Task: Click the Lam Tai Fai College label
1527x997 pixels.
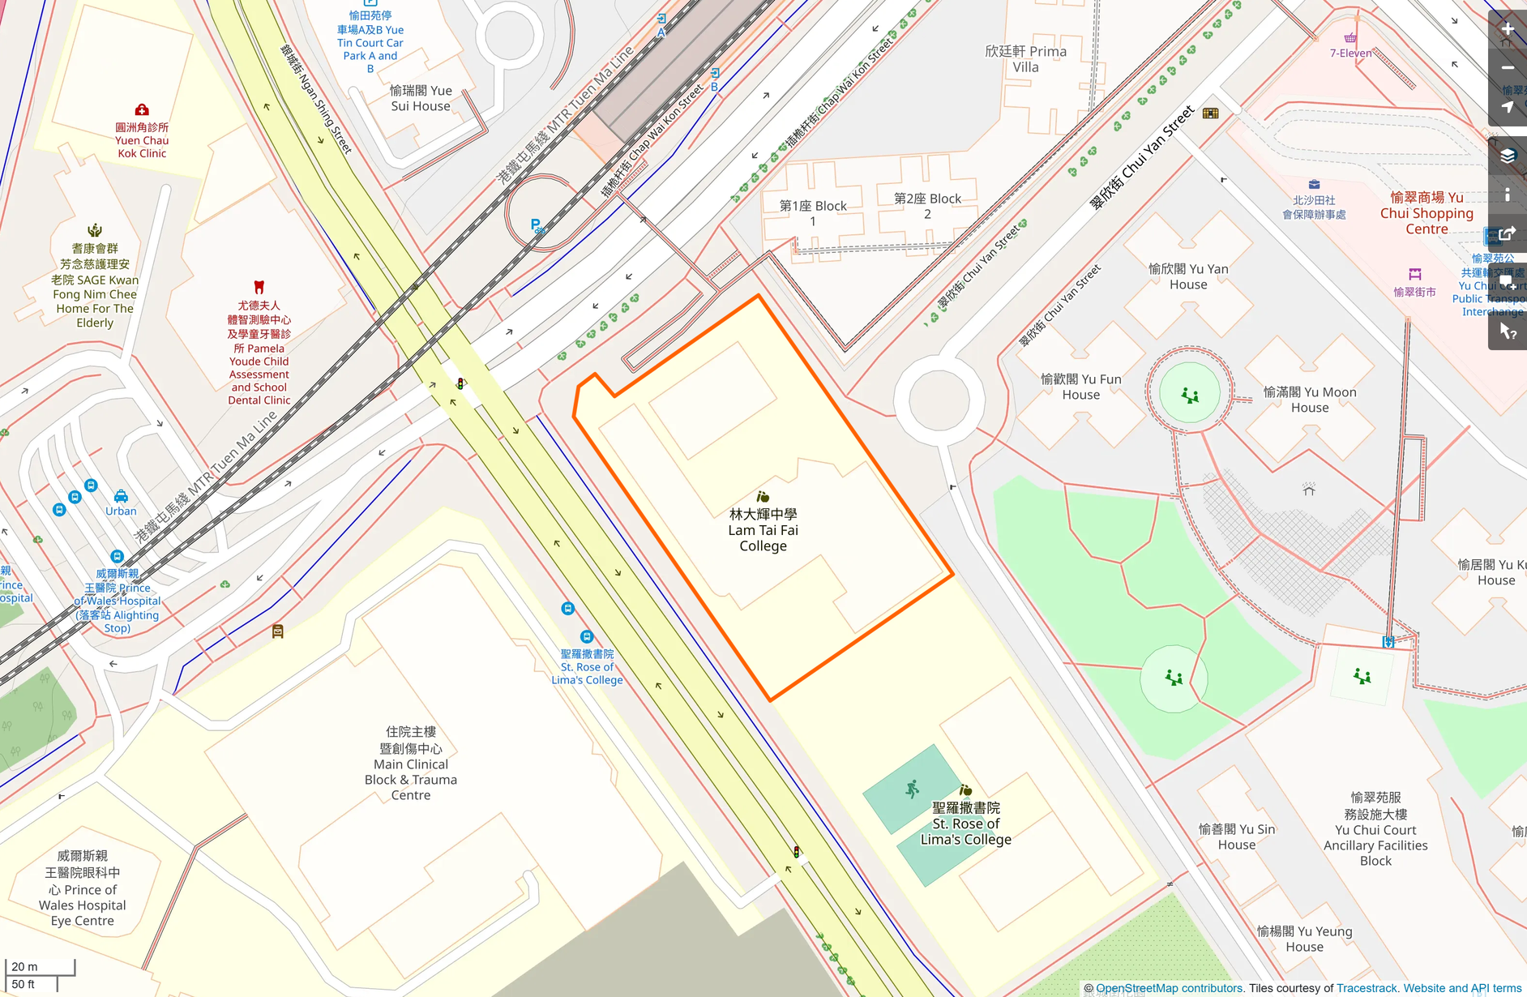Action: point(763,530)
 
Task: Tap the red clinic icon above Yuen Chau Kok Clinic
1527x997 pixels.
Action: point(142,109)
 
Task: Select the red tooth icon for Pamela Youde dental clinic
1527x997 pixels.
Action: point(259,287)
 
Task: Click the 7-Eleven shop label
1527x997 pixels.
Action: point(1350,53)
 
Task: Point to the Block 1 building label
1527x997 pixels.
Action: point(813,213)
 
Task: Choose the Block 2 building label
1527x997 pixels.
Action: point(927,206)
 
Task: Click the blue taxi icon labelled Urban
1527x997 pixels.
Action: point(121,496)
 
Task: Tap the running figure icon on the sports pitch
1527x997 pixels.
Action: point(913,789)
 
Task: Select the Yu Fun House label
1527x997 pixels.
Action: point(1081,387)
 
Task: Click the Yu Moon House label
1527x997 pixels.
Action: point(1310,400)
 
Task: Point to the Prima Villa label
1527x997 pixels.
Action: point(1025,59)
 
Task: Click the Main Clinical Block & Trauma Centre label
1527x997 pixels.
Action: point(411,764)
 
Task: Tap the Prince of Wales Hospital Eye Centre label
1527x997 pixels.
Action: point(83,888)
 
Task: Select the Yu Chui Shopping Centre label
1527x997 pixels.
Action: point(1426,213)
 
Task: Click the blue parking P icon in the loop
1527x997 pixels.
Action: point(536,225)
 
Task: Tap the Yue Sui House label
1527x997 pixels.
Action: point(421,98)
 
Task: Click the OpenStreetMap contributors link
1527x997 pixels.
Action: point(1169,988)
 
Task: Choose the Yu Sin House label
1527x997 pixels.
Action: point(1237,837)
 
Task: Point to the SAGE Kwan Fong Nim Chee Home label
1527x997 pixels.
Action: point(95,286)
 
